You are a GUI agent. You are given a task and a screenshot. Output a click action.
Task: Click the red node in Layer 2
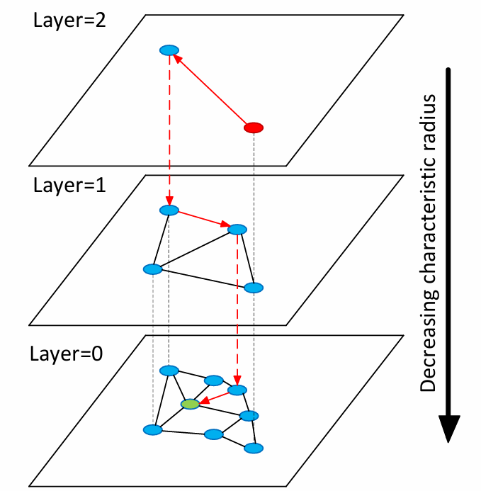tap(254, 128)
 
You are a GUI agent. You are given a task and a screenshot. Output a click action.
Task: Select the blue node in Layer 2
tap(169, 50)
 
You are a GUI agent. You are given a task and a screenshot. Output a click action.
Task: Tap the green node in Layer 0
tap(190, 404)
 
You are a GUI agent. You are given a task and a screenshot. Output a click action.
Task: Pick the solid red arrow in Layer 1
tap(203, 220)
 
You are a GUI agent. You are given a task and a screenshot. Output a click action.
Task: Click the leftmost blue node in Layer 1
tap(153, 269)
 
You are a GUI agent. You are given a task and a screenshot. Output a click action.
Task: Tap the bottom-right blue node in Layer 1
tap(254, 288)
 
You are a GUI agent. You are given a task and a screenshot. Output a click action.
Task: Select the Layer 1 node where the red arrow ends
tap(237, 230)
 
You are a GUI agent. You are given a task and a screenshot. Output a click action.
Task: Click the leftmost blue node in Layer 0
tap(152, 429)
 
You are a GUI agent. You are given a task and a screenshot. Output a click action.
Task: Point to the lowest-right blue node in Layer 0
tap(254, 448)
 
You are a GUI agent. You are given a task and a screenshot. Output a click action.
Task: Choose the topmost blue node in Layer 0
tap(169, 371)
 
